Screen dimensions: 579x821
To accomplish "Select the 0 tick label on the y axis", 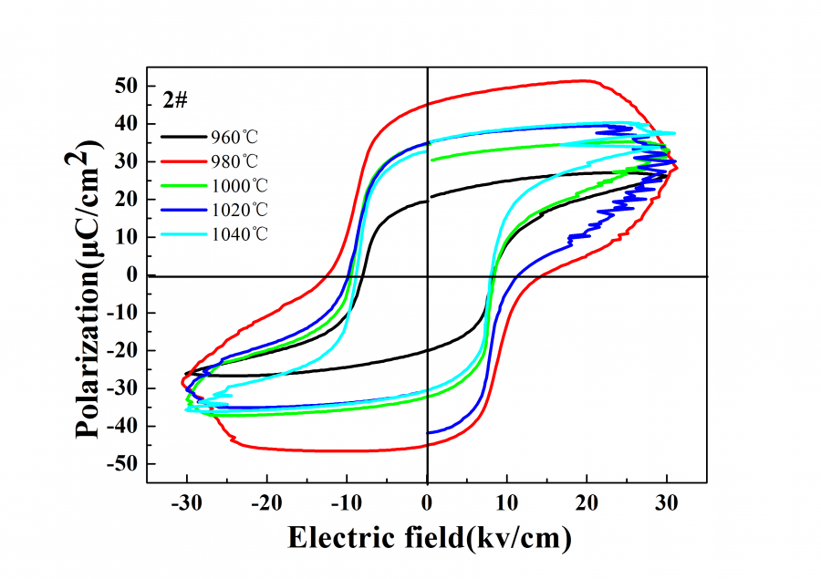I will (x=131, y=274).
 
